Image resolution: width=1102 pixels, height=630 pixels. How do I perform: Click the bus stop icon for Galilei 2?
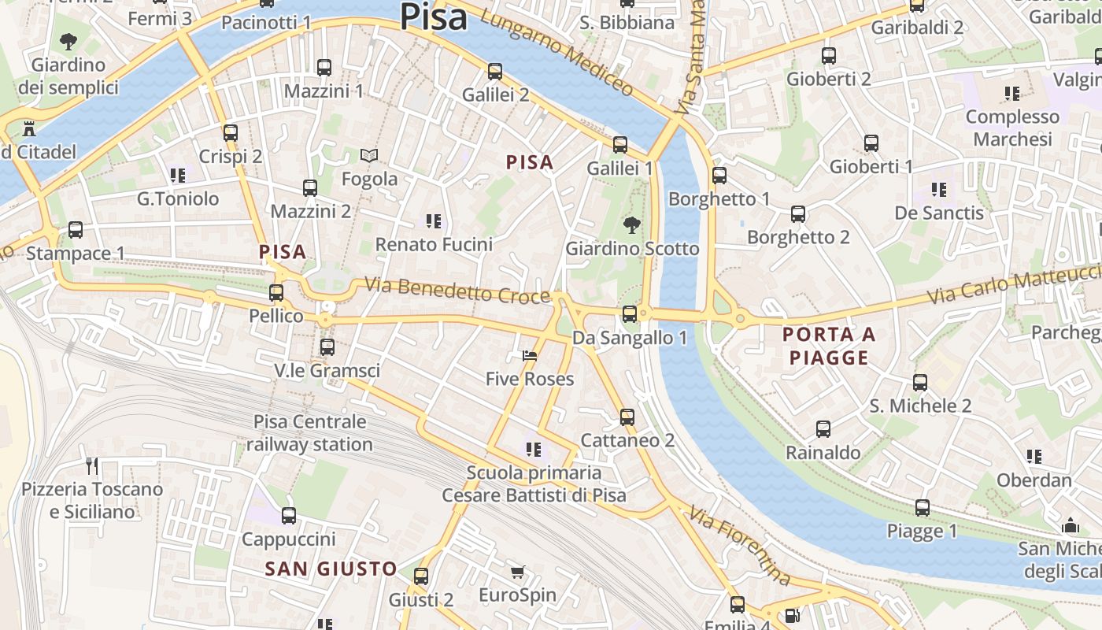click(495, 72)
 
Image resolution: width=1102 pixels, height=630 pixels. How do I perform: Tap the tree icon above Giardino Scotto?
click(631, 226)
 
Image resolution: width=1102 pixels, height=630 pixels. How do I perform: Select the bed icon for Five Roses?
click(530, 356)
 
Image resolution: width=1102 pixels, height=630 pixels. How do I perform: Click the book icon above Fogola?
click(369, 156)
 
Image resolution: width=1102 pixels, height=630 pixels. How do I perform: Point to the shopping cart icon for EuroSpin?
click(517, 573)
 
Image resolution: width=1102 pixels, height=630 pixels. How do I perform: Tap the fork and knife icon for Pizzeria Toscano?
click(92, 466)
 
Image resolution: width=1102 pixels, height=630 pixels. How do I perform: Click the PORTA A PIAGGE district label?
click(829, 346)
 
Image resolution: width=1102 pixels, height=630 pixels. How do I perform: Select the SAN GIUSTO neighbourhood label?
click(331, 569)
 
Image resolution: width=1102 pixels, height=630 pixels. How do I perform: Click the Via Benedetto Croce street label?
click(457, 290)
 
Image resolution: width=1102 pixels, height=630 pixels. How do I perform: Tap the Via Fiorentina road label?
click(739, 547)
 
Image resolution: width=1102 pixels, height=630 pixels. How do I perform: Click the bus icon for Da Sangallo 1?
click(630, 314)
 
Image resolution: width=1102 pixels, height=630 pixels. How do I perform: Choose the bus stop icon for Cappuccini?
click(289, 516)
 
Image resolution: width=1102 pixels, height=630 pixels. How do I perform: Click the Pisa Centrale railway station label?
click(309, 433)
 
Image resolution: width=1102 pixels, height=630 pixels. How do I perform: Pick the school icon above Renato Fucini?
click(433, 221)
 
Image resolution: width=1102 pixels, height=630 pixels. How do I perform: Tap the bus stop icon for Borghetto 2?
click(798, 214)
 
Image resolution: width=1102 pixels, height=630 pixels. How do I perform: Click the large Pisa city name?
click(434, 17)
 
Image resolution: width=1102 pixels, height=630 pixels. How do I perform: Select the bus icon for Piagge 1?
click(923, 508)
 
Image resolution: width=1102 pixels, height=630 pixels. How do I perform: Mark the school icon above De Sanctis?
click(939, 190)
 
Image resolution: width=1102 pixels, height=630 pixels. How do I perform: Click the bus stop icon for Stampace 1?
click(76, 230)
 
